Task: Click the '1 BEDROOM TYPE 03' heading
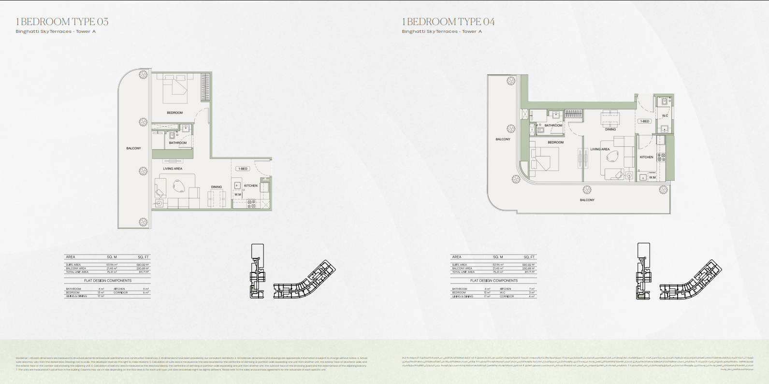coord(62,22)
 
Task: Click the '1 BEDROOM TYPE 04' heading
coord(448,22)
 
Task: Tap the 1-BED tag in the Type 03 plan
coord(243,169)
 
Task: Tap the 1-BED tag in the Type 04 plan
coord(645,121)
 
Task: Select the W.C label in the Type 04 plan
coord(665,115)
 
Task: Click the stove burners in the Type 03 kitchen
coord(252,204)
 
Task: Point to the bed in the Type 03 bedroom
coord(175,88)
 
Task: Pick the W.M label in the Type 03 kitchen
coord(238,195)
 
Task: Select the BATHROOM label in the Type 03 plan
coord(177,143)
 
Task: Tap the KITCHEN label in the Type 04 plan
coord(646,157)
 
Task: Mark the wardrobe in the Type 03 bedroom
coord(205,87)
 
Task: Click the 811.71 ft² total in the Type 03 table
coord(144,272)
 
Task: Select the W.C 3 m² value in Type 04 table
coord(532,293)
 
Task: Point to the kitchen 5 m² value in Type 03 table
coord(145,289)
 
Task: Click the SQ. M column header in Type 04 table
coord(498,257)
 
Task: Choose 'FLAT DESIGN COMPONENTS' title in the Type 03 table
coord(108,281)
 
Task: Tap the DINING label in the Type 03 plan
coord(216,187)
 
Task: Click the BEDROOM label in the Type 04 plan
coord(555,142)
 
